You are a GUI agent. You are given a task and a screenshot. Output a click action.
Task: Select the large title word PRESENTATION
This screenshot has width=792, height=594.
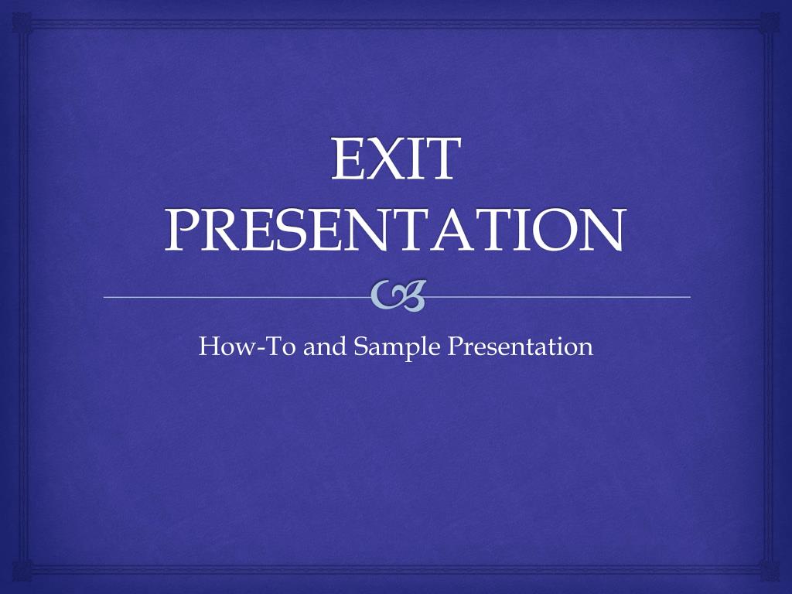point(394,230)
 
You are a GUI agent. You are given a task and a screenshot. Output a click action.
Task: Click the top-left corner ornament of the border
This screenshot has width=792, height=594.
point(22,22)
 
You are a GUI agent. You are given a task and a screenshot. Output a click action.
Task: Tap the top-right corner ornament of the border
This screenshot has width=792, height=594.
point(770,22)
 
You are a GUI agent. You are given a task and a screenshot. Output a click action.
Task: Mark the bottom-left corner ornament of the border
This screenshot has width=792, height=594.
point(22,572)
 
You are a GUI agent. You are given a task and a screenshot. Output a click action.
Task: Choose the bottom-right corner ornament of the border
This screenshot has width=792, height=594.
point(770,572)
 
